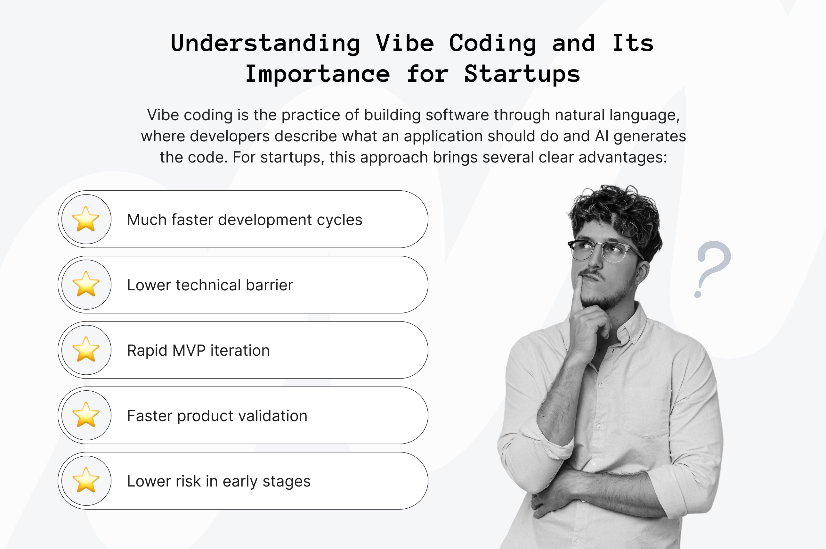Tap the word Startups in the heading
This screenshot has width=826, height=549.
[x=522, y=74]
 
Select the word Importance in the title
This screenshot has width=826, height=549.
[x=317, y=74]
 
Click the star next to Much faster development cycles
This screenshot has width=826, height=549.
[x=86, y=219]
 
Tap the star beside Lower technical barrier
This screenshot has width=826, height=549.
[x=86, y=284]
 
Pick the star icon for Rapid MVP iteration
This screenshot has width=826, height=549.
[x=86, y=350]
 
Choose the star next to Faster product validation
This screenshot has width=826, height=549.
[x=86, y=415]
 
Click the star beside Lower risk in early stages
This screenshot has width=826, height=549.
[x=86, y=480]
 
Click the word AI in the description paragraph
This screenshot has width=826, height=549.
[x=602, y=136]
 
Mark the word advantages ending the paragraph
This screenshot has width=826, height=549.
[x=622, y=157]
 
